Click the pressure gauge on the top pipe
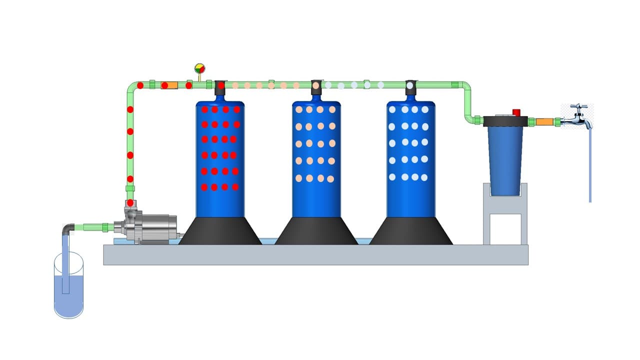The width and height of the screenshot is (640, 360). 199,68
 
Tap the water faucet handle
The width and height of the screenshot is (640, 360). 578,107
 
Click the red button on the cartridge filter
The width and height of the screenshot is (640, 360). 516,112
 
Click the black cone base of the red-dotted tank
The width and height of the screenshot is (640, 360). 220,231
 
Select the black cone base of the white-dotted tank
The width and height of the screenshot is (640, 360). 411,231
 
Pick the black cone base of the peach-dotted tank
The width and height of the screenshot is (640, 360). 316,231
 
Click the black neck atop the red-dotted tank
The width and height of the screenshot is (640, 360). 220,88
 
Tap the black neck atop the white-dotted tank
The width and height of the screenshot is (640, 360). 410,88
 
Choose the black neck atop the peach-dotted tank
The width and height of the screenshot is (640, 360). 315,88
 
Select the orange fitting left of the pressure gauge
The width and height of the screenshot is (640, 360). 171,85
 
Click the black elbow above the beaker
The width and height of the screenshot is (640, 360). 68,229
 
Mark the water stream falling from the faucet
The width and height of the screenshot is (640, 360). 590,165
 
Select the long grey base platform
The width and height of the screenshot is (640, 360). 315,254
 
